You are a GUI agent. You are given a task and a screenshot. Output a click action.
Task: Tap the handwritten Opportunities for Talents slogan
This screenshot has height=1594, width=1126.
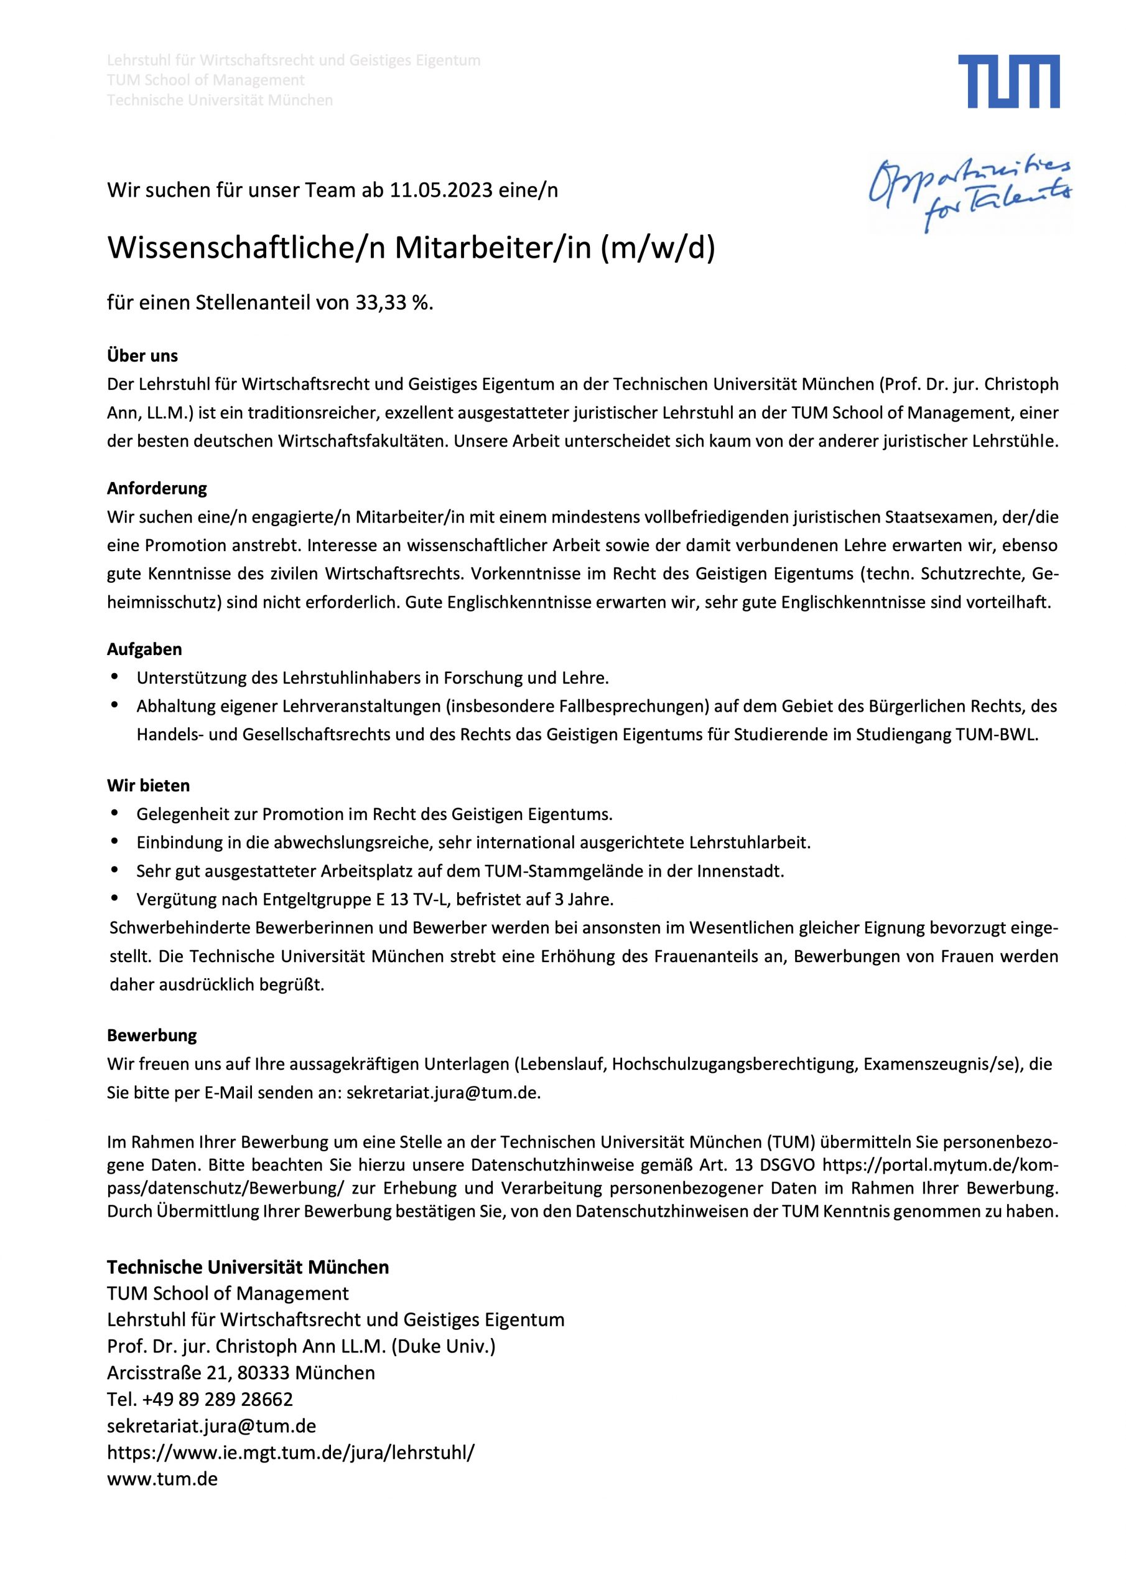click(x=971, y=192)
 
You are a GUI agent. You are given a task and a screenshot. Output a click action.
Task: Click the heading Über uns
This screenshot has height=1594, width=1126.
click(x=142, y=356)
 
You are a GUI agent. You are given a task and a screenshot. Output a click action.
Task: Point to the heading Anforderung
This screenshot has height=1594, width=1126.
click(x=157, y=488)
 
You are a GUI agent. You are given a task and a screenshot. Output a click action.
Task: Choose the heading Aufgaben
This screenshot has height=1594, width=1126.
click(x=144, y=649)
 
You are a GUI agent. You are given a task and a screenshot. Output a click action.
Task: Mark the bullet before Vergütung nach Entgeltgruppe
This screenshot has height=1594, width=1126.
click(x=114, y=899)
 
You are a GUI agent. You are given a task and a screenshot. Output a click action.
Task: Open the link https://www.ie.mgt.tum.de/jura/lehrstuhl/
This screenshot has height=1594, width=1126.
click(x=291, y=1453)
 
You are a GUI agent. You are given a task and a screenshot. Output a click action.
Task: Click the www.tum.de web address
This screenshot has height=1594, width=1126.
click(x=162, y=1479)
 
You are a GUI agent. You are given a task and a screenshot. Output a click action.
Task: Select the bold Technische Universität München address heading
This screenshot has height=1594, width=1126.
click(x=248, y=1267)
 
